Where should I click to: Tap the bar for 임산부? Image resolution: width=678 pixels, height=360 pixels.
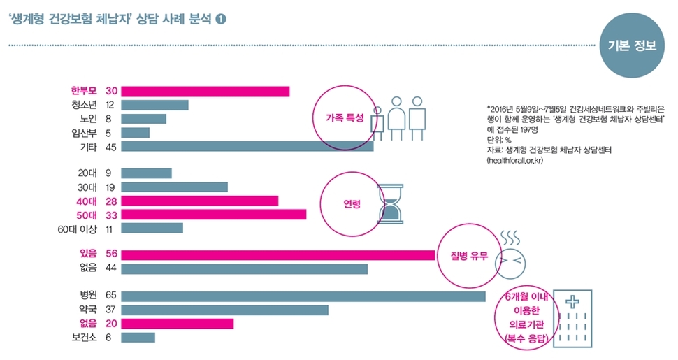pos(136,133)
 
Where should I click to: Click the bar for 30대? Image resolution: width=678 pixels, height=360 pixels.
pos(175,187)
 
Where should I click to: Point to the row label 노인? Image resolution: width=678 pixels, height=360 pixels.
pos(89,119)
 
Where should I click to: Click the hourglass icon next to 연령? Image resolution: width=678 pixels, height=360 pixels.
pos(391,204)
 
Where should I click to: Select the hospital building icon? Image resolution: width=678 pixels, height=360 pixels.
pos(573,319)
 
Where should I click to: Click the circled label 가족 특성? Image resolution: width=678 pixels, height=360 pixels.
pos(345,119)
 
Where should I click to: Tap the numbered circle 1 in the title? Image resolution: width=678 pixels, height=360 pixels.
pos(221,20)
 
